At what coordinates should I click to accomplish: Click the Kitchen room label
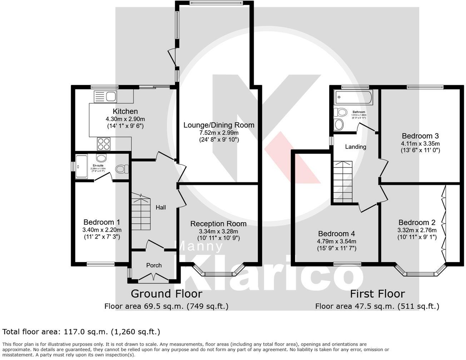pyautogui.click(x=125, y=111)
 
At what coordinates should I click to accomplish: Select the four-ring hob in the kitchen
pyautogui.click(x=104, y=144)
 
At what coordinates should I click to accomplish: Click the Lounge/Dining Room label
pyautogui.click(x=219, y=125)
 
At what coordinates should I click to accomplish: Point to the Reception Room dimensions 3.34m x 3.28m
pyautogui.click(x=218, y=231)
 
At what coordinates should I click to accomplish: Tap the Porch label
pyautogui.click(x=154, y=265)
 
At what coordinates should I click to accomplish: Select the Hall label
pyautogui.click(x=161, y=207)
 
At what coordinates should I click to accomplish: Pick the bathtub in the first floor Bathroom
pyautogui.click(x=353, y=97)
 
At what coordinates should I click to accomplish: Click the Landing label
pyautogui.click(x=356, y=147)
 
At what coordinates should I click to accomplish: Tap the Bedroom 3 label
pyautogui.click(x=420, y=136)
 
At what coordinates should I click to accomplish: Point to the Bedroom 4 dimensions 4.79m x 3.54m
pyautogui.click(x=337, y=241)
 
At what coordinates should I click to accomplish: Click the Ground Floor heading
pyautogui.click(x=166, y=294)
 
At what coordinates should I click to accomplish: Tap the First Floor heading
pyautogui.click(x=377, y=294)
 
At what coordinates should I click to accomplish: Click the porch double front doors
pyautogui.click(x=154, y=277)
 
